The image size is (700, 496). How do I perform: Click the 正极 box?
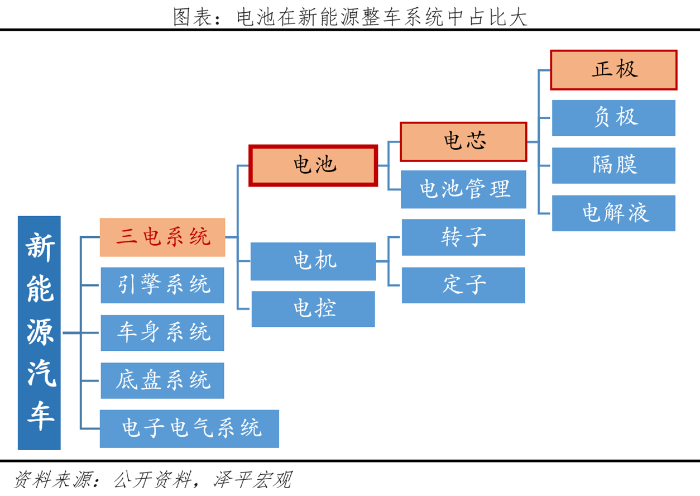pyautogui.click(x=613, y=70)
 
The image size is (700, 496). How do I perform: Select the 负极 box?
pyautogui.click(x=613, y=118)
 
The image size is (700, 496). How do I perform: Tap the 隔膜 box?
pyautogui.click(x=613, y=165)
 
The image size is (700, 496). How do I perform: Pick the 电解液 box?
pyautogui.click(x=613, y=213)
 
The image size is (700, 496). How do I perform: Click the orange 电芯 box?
pyautogui.click(x=463, y=141)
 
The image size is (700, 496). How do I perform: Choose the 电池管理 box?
pyautogui.click(x=463, y=189)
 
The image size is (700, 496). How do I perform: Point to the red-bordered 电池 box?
pyautogui.click(x=313, y=165)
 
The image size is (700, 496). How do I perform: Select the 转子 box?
pyautogui.click(x=463, y=237)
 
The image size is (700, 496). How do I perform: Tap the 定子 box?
pyautogui.click(x=463, y=285)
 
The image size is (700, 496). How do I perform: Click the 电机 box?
pyautogui.click(x=313, y=261)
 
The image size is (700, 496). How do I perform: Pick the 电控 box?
pyautogui.click(x=313, y=309)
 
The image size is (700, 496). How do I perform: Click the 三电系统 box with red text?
pyautogui.click(x=162, y=237)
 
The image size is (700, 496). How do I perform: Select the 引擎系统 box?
pyautogui.click(x=162, y=285)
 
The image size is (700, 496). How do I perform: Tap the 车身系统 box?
pyautogui.click(x=162, y=333)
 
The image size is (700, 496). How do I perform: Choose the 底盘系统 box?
pyautogui.click(x=162, y=381)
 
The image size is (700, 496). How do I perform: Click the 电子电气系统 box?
pyautogui.click(x=189, y=428)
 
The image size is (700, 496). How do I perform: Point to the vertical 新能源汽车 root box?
pyautogui.click(x=39, y=333)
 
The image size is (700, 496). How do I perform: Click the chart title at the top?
pyautogui.click(x=350, y=17)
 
